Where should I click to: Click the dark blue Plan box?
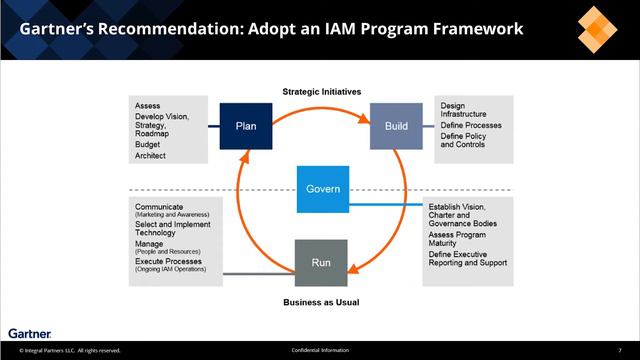[x=245, y=126]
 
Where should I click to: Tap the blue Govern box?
[x=323, y=189]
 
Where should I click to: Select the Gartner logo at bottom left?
[x=29, y=332]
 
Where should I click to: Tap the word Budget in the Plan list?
[x=147, y=144]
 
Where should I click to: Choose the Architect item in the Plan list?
[x=150, y=155]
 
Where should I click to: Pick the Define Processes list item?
[x=471, y=125]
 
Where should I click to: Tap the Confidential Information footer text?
[x=319, y=350]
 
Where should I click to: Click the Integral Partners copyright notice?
[x=64, y=350]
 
